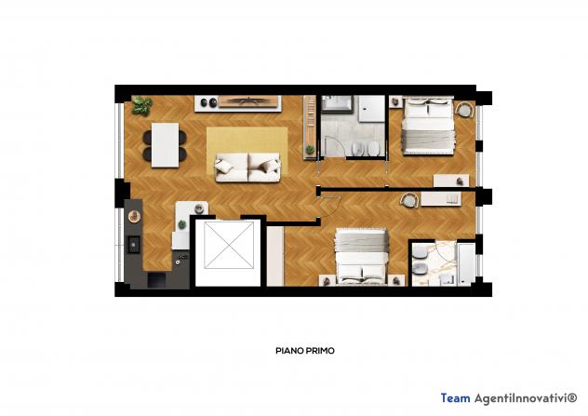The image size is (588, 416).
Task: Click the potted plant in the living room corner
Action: (141, 105)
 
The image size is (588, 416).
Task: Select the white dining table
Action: (165, 145)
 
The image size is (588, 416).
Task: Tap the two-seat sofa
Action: (247, 168)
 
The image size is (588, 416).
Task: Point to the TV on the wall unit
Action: (247, 101)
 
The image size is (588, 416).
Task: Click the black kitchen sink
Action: (133, 244)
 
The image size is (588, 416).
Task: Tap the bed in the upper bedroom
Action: (428, 126)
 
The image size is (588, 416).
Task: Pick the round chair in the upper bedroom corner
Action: (464, 110)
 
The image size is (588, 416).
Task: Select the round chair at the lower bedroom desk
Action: (409, 200)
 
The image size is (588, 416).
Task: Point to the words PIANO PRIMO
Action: (305, 351)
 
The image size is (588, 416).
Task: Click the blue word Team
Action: (455, 397)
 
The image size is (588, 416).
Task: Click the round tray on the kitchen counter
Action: (134, 216)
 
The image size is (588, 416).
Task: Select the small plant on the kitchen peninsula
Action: (181, 224)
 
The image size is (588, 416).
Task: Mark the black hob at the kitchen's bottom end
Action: (156, 280)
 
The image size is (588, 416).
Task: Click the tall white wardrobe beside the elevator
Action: (275, 256)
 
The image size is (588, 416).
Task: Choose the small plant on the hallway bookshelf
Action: (310, 150)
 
